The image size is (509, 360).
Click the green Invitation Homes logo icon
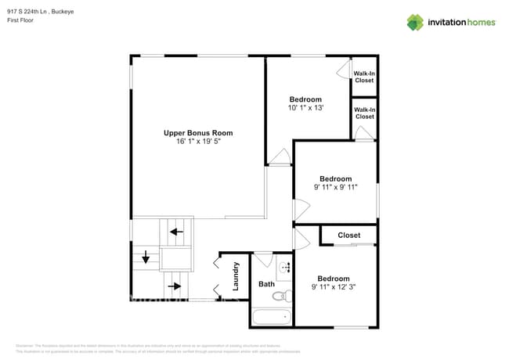tap(414, 22)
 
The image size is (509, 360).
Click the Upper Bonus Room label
tap(198, 133)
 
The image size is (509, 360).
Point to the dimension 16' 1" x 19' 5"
tap(198, 142)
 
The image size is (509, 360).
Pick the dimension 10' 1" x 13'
tap(305, 108)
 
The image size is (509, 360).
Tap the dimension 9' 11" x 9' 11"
tap(335, 187)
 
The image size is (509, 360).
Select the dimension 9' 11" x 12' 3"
tap(334, 287)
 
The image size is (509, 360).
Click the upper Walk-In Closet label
tap(364, 77)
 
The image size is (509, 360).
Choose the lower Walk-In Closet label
tap(364, 113)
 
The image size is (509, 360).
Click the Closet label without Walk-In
tap(348, 235)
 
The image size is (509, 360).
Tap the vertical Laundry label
tap(235, 275)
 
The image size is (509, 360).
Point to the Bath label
tap(266, 284)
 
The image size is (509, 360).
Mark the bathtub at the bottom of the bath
tap(271, 317)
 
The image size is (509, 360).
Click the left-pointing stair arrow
tap(177, 232)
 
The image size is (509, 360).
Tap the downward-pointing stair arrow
tap(145, 257)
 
